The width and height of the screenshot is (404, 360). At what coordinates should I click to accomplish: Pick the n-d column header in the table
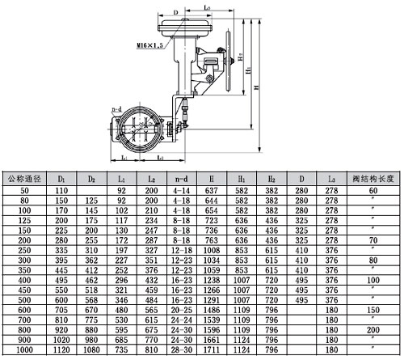[179, 176]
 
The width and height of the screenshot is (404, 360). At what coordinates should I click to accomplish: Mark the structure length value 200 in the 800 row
[372, 330]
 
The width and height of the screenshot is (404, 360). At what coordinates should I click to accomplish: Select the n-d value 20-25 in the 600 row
[179, 308]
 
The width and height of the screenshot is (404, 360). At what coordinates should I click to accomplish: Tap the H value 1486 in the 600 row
[213, 308]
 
